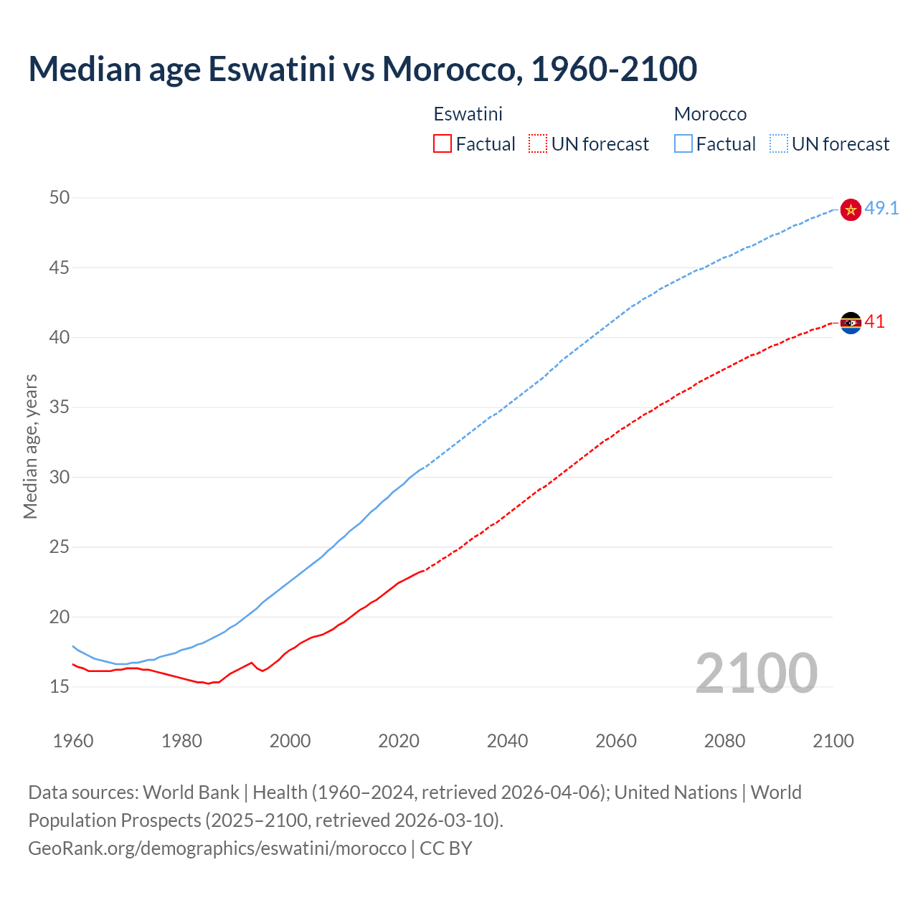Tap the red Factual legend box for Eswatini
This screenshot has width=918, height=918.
point(443,143)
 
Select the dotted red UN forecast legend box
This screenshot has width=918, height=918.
point(538,143)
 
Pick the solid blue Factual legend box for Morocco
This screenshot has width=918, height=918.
point(683,143)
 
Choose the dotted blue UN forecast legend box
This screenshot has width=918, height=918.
point(779,143)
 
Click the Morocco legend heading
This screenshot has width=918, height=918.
point(710,114)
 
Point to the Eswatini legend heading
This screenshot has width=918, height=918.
point(468,114)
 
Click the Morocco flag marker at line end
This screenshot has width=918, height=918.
point(851,209)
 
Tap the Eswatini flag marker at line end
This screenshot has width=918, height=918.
point(851,323)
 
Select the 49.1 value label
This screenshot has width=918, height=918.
point(881,209)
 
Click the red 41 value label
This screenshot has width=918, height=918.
point(875,322)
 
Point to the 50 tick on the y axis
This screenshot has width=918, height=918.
point(60,197)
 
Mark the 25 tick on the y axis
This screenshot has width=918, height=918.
point(60,547)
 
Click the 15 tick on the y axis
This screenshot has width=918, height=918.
point(60,687)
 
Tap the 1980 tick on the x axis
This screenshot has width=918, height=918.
point(181,741)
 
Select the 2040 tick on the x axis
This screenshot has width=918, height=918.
point(507,741)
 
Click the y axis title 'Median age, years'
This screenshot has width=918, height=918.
point(30,446)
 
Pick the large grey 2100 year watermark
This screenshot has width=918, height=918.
point(757,673)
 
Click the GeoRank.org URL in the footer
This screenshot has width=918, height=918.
point(217,848)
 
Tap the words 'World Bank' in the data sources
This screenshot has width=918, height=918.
point(191,792)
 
